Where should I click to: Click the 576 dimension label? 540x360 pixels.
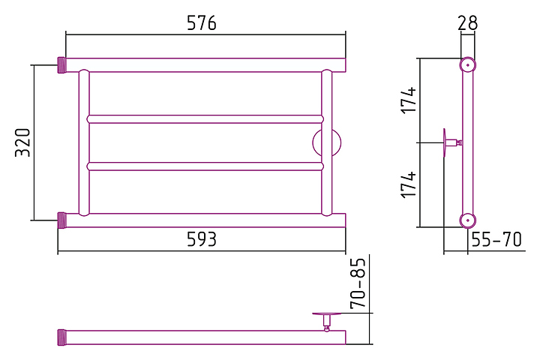(202, 23)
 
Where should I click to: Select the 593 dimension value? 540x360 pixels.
(202, 239)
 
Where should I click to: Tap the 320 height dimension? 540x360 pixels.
(22, 142)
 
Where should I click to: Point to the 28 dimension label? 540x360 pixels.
(467, 22)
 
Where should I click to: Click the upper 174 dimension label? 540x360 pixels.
(407, 100)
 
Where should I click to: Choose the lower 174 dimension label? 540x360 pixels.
(407, 184)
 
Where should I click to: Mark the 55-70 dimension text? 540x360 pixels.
(496, 240)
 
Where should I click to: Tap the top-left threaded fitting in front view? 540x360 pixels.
(61, 64)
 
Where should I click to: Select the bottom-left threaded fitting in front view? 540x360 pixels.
(61, 220)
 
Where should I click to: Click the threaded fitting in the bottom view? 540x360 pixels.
(61, 337)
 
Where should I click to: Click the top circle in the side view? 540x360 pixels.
(467, 64)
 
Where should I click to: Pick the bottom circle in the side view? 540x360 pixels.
(467, 220)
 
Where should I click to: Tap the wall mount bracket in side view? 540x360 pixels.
(450, 142)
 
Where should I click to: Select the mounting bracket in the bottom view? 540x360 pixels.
(327, 318)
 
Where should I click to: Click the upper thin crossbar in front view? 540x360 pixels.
(205, 118)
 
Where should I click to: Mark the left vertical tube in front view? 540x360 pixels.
(84, 142)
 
